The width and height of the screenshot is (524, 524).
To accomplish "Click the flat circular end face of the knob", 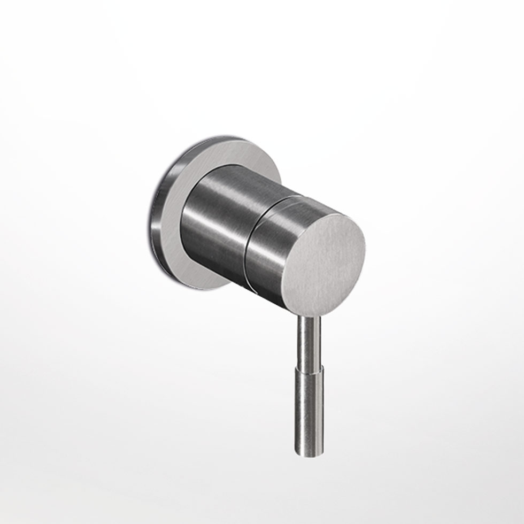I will [x=324, y=262].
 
